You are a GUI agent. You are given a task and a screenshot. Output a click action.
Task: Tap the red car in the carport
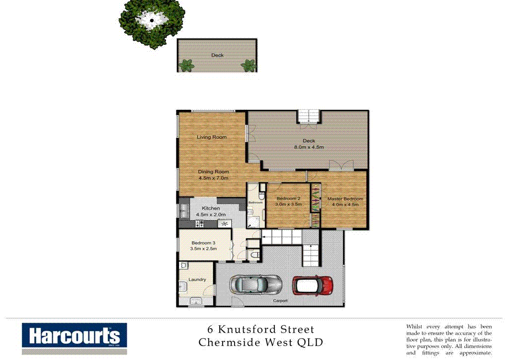point(313,285)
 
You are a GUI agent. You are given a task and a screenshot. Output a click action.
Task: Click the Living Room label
point(211,137)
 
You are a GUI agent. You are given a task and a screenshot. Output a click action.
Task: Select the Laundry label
point(197,279)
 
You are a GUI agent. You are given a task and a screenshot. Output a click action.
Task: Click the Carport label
point(280,301)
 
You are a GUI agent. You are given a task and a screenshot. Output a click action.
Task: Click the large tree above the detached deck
point(152,22)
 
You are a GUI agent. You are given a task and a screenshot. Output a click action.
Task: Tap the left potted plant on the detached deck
point(186,65)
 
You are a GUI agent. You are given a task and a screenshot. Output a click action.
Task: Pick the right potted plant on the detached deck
point(247,65)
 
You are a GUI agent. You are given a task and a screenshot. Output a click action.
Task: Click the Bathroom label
point(255,202)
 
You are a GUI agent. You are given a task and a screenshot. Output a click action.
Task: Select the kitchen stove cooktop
point(200,223)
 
